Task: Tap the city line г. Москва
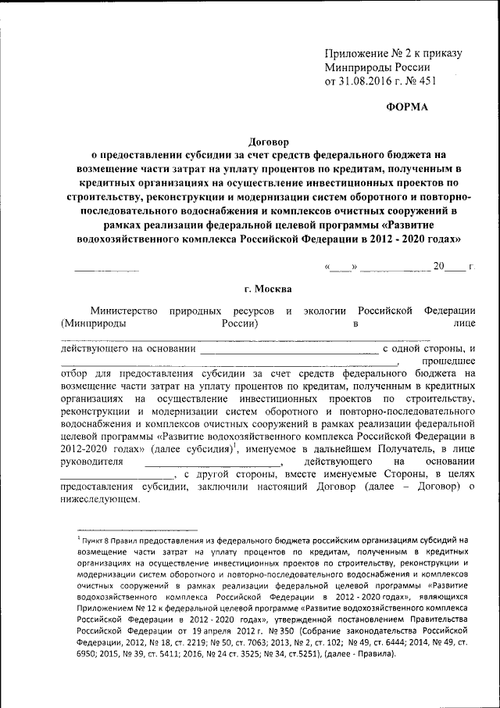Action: click(x=270, y=289)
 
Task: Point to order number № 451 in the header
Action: click(x=420, y=80)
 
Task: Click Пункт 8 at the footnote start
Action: click(x=98, y=541)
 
